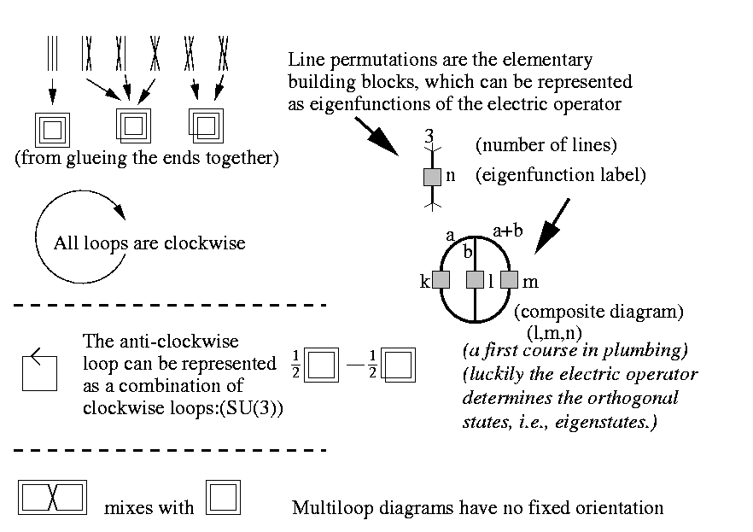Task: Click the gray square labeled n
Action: point(433,178)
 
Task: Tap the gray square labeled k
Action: point(441,279)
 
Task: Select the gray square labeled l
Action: point(476,279)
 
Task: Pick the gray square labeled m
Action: point(510,279)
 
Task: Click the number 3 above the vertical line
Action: point(429,137)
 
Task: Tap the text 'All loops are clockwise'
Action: point(149,243)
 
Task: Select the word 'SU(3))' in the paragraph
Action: point(257,407)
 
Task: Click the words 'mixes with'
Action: point(141,508)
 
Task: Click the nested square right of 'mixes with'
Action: point(224,497)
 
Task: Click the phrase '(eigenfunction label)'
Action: point(559,176)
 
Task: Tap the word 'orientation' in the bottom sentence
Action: point(621,508)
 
